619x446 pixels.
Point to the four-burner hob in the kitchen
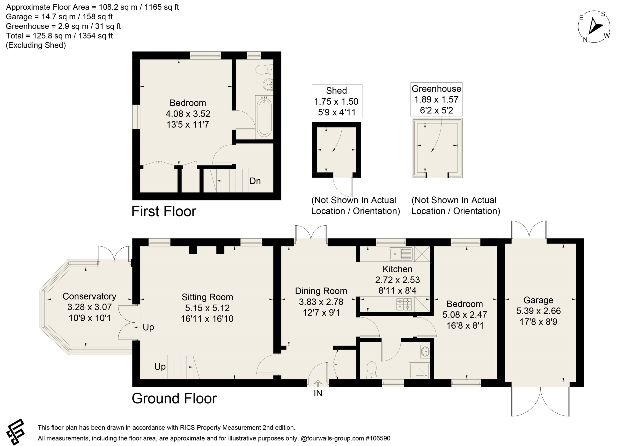click(x=404, y=304)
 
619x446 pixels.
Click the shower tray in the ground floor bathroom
click(x=419, y=370)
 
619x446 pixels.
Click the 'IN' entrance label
click(x=318, y=393)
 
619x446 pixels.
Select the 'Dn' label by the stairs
click(x=255, y=181)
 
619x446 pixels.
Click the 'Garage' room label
click(x=538, y=300)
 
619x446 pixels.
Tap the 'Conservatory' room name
click(x=89, y=296)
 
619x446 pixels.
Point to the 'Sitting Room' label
click(x=207, y=297)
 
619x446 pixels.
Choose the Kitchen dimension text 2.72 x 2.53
click(x=397, y=280)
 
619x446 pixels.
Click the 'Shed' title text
click(x=337, y=91)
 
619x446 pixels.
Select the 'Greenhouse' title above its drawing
click(x=436, y=89)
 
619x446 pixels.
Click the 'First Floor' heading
click(x=164, y=211)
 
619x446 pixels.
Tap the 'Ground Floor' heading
click(x=174, y=399)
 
